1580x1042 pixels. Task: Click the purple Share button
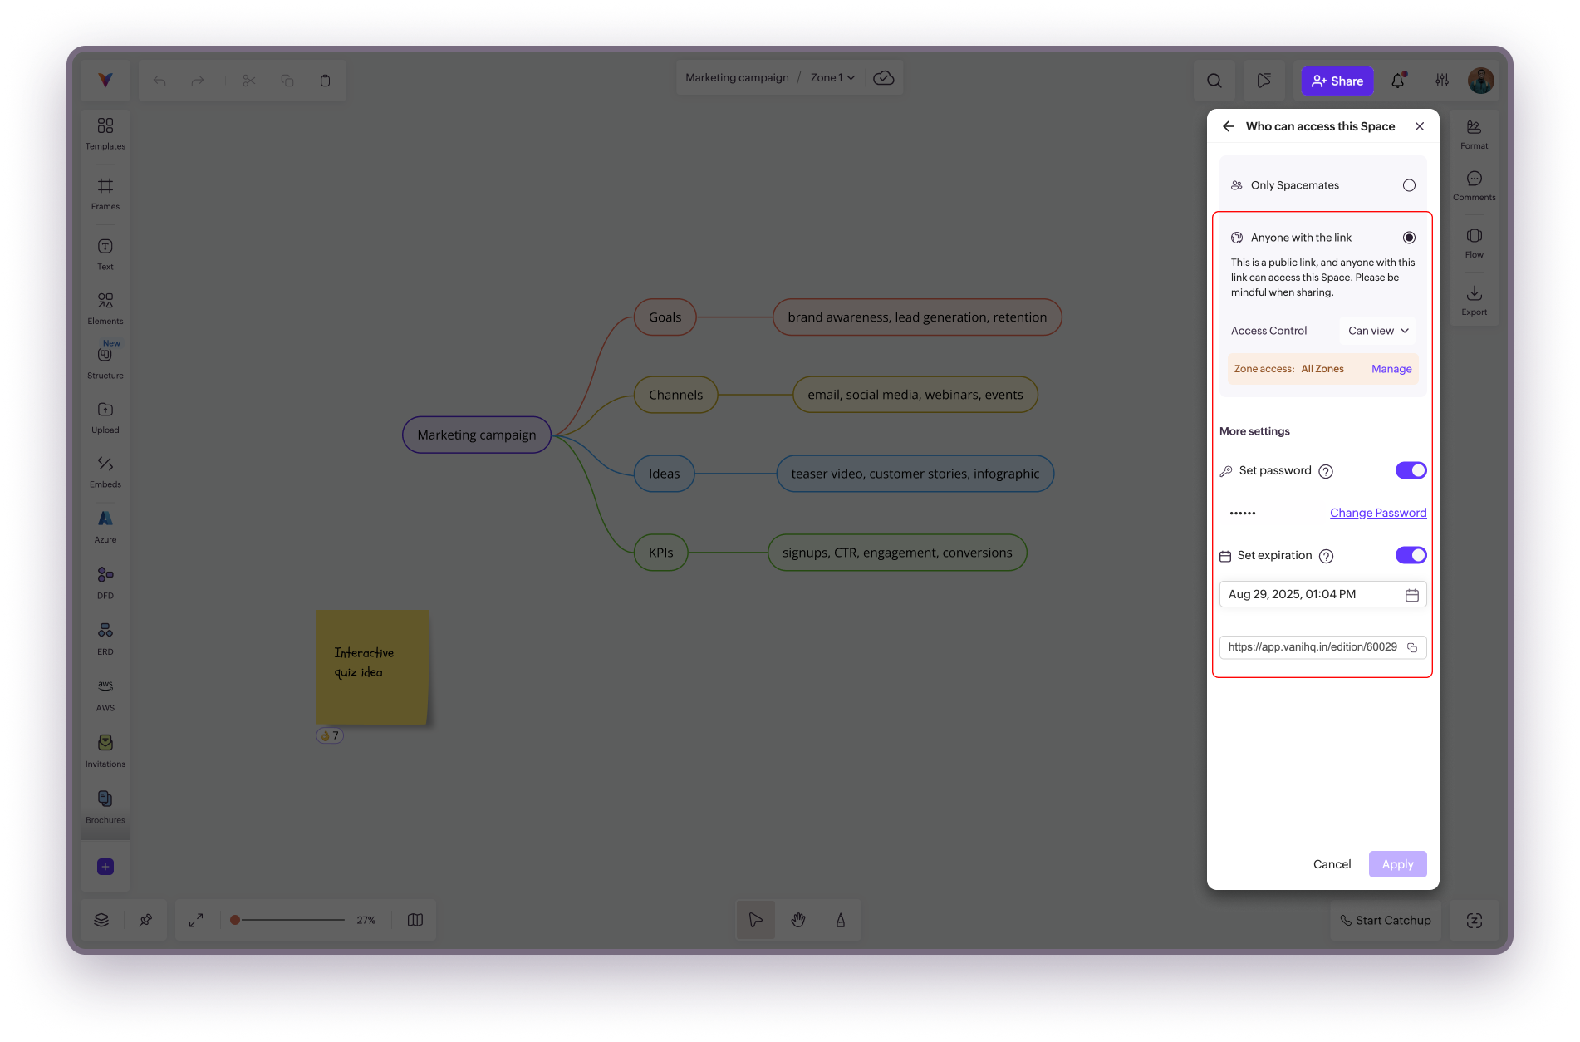coord(1337,81)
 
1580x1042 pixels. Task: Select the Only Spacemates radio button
coord(1409,185)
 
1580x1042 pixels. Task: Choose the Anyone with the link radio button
coord(1409,238)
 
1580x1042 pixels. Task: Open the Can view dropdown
coord(1377,331)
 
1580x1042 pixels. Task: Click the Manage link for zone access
coord(1391,369)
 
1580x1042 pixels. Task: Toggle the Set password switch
coord(1411,470)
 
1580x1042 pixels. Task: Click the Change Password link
coord(1377,513)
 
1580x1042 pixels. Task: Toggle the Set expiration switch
coord(1411,555)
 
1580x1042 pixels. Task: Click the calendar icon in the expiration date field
coord(1411,595)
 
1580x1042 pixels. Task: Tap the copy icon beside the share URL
coord(1412,647)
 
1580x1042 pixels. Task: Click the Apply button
coord(1397,864)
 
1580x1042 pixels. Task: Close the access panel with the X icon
coord(1420,126)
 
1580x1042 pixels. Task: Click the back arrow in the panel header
coord(1229,126)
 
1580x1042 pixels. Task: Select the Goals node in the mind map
coord(665,317)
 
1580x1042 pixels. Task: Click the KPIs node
coord(660,553)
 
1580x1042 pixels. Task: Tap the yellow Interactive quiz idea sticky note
coord(372,666)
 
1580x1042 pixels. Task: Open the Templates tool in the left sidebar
coord(105,133)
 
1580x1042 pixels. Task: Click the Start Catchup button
coord(1385,920)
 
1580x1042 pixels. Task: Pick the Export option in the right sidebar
coord(1474,300)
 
